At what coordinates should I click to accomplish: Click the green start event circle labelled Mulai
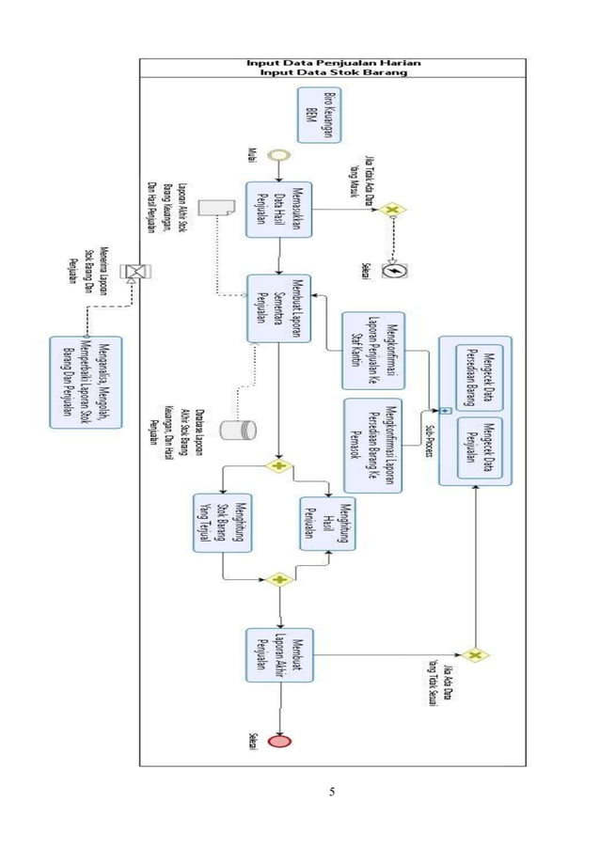[x=279, y=155]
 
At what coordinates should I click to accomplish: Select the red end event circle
[x=279, y=741]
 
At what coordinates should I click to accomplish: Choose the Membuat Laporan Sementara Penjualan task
[x=279, y=308]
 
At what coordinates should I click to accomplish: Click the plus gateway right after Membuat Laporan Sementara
[x=279, y=465]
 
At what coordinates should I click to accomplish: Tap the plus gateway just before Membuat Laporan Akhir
[x=279, y=580]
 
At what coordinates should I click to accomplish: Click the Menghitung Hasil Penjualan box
[x=327, y=523]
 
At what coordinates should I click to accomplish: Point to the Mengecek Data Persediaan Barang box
[x=479, y=377]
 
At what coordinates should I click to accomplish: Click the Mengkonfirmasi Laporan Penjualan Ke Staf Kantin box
[x=372, y=350]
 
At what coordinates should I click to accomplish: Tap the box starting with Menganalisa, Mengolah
[x=87, y=380]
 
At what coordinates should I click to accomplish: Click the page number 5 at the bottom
[x=332, y=791]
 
